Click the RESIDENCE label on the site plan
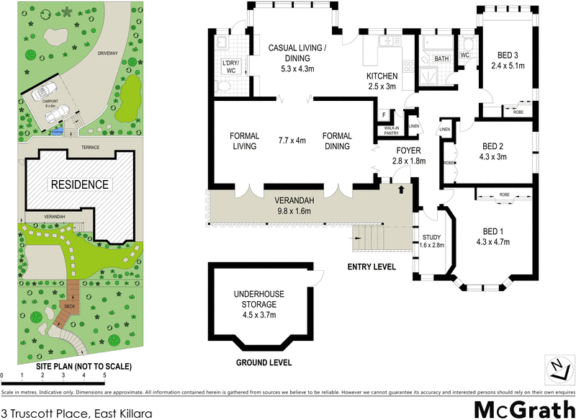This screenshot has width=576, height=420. (x=79, y=184)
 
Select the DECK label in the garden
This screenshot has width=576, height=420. (x=69, y=306)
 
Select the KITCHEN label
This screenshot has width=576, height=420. (x=382, y=76)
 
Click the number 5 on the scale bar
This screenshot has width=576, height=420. (x=105, y=375)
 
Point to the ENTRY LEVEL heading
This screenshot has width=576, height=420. (x=372, y=267)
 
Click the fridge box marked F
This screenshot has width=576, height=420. (x=384, y=116)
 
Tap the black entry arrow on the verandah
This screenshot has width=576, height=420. (x=400, y=189)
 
